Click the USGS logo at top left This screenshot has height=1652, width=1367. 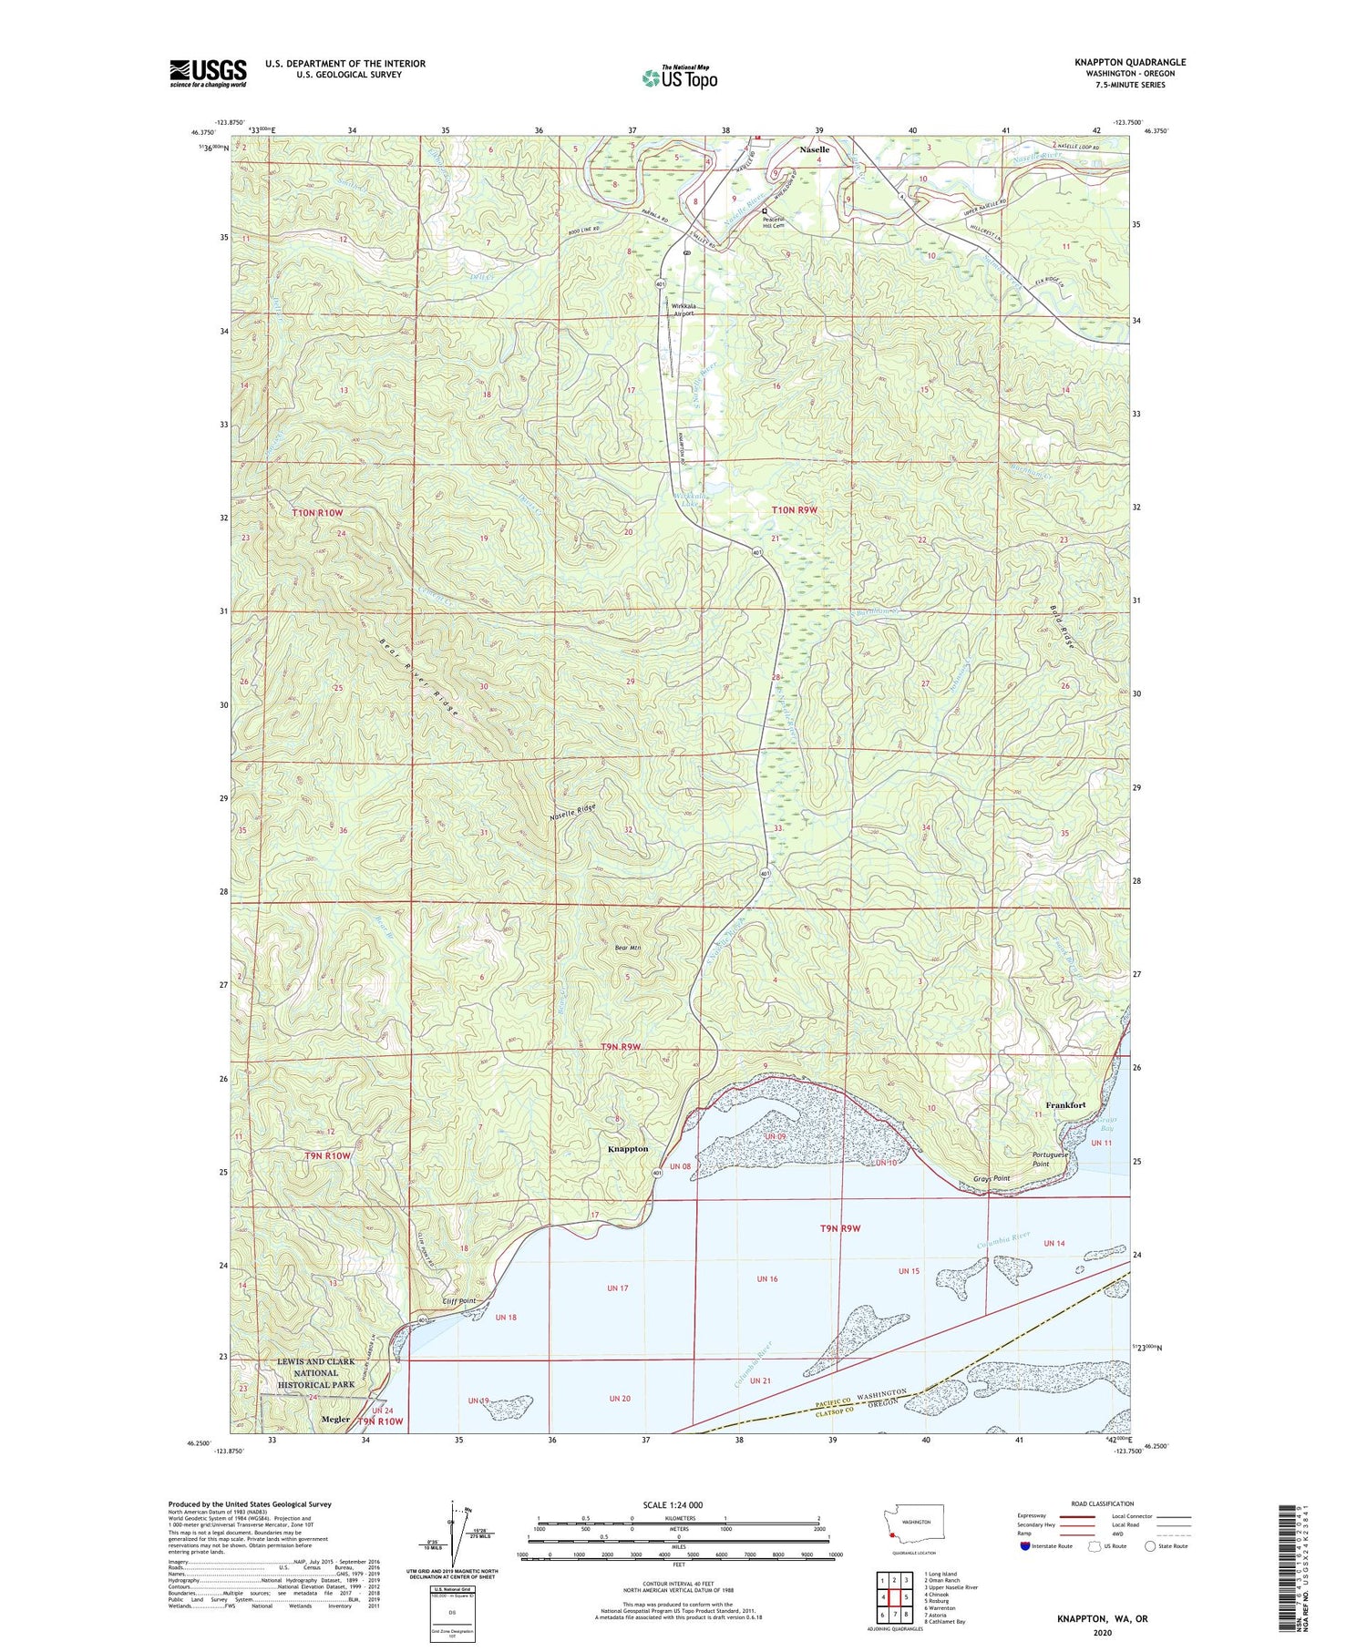[x=208, y=73]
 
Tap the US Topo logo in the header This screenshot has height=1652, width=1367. [x=679, y=77]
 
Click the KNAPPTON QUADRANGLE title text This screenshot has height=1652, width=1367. [x=1129, y=63]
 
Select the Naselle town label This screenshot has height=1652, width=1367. [x=814, y=149]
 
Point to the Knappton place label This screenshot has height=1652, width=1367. [x=628, y=1148]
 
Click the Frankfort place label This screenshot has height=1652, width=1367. [x=1065, y=1104]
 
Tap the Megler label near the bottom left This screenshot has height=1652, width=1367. [x=335, y=1419]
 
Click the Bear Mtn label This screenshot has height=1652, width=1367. [x=629, y=948]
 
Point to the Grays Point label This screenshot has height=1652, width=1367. [x=991, y=1178]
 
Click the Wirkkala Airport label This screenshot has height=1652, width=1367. [x=683, y=309]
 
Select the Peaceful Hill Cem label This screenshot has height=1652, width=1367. [x=774, y=222]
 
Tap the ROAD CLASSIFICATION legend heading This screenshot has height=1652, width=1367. [x=1103, y=1503]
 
